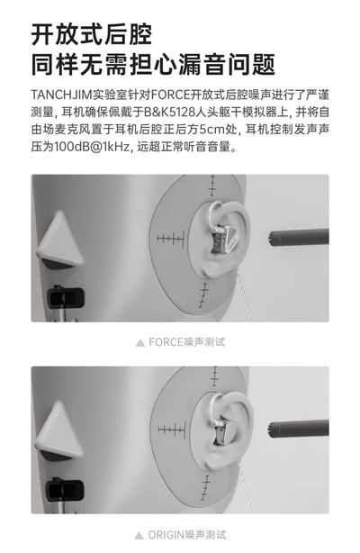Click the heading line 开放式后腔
(x=91, y=34)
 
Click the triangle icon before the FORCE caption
(x=139, y=342)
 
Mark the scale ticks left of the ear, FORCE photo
(x=171, y=239)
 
